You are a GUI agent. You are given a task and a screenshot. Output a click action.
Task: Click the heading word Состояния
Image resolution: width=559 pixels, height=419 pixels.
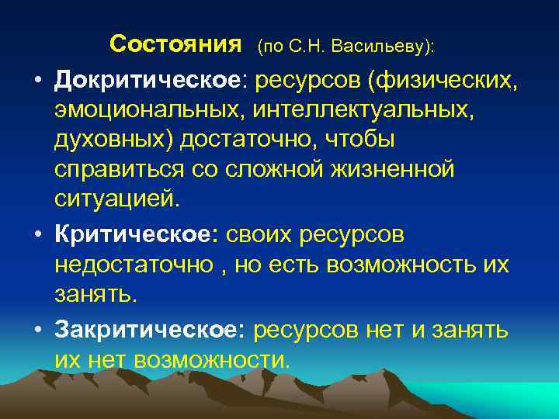click(176, 43)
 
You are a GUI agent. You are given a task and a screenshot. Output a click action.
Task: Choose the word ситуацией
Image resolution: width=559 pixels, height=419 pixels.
click(116, 200)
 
